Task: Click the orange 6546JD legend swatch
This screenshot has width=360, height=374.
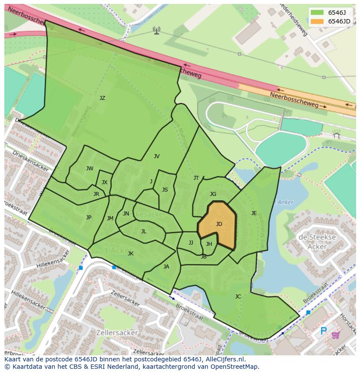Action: pyautogui.click(x=317, y=21)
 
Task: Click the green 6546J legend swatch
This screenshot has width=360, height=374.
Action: pyautogui.click(x=317, y=13)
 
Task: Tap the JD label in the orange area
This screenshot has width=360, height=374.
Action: pyautogui.click(x=219, y=224)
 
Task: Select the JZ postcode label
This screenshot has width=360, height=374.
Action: pyautogui.click(x=102, y=98)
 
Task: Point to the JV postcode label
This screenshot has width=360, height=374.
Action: pyautogui.click(x=157, y=156)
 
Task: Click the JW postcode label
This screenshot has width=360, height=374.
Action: pyautogui.click(x=90, y=169)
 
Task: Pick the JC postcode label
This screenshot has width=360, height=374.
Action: pyautogui.click(x=238, y=297)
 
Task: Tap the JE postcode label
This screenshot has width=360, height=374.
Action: pyautogui.click(x=254, y=213)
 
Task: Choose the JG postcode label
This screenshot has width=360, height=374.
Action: pyautogui.click(x=213, y=194)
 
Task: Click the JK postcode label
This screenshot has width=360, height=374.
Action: pyautogui.click(x=130, y=254)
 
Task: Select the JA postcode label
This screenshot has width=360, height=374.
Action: pyautogui.click(x=166, y=267)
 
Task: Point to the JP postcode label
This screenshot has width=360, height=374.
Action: pyautogui.click(x=89, y=218)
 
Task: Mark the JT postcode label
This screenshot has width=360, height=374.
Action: pyautogui.click(x=196, y=178)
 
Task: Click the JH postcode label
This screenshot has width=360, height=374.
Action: pyautogui.click(x=209, y=244)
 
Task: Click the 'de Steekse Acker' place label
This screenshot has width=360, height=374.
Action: pyautogui.click(x=317, y=242)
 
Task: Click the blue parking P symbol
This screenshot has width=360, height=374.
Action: pyautogui.click(x=323, y=331)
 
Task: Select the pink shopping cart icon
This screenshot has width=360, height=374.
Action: pyautogui.click(x=335, y=335)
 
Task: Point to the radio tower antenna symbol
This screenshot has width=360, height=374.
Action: pyautogui.click(x=156, y=30)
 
